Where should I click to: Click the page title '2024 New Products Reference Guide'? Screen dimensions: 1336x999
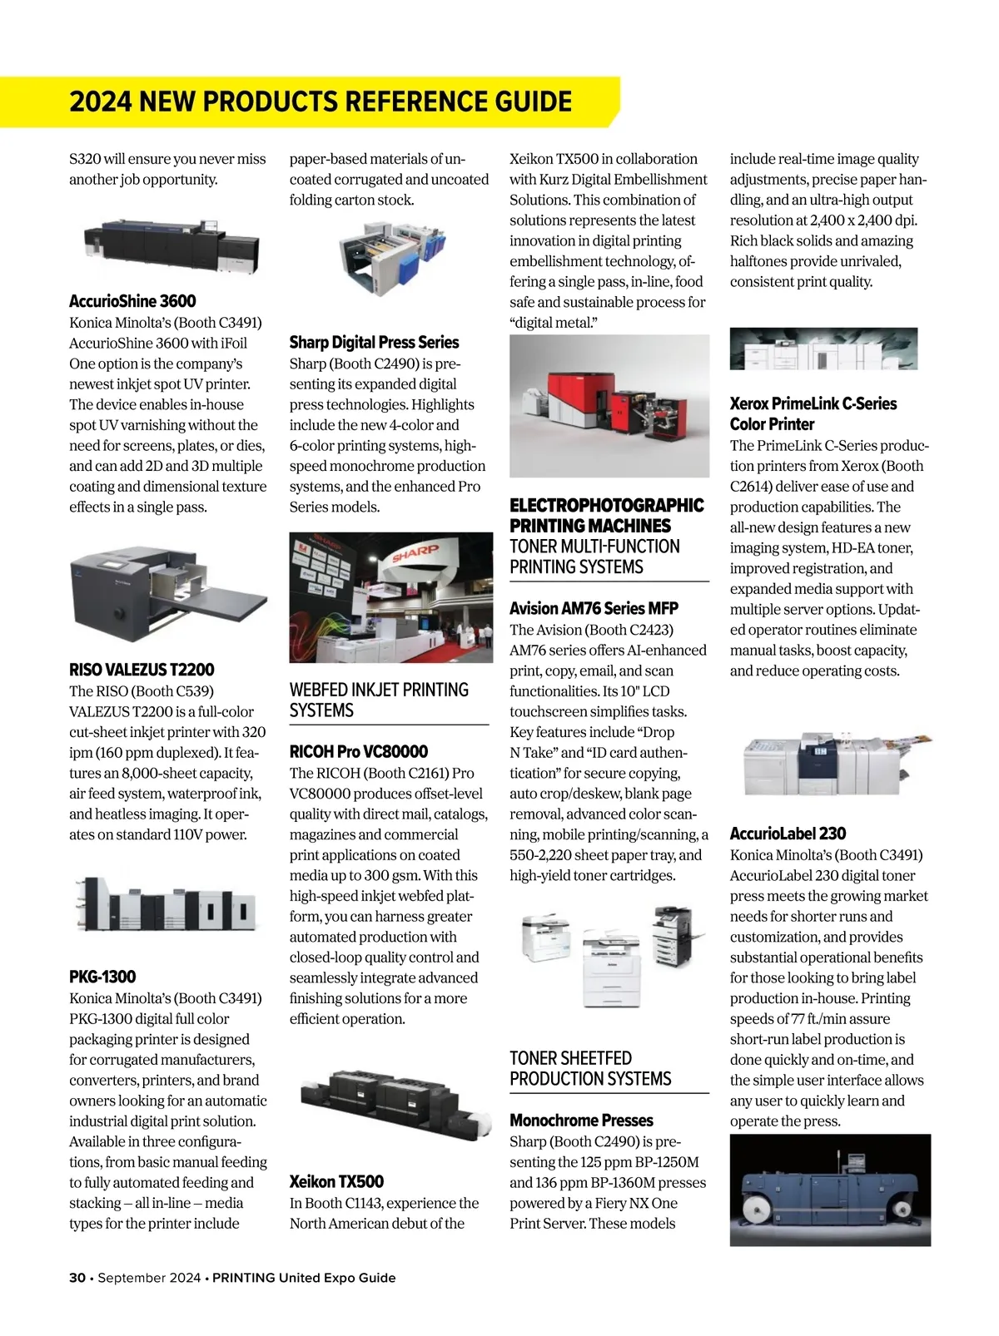[x=321, y=101]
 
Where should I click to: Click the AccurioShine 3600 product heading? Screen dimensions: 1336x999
[x=132, y=301]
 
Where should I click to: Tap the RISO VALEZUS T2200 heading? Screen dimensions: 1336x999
[x=142, y=670]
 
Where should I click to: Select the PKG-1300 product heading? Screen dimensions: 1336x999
[x=102, y=977]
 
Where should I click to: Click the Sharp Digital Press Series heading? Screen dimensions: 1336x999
[x=374, y=342]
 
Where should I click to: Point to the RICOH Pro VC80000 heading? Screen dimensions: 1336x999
[x=359, y=751]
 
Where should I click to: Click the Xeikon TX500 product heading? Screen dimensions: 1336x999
[x=336, y=1181]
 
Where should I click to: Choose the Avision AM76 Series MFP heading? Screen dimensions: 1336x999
[x=594, y=608]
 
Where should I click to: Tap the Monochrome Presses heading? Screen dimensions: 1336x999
[x=581, y=1121]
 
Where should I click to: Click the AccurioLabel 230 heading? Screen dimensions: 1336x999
[x=788, y=834]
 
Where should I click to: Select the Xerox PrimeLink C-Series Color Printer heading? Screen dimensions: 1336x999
[x=813, y=413]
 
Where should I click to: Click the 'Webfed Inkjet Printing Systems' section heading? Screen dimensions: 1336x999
[x=379, y=700]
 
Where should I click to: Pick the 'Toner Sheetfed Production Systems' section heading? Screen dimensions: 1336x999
[x=590, y=1068]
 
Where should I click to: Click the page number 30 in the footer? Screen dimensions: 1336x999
[x=77, y=1278]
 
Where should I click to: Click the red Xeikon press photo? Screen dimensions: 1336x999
[x=609, y=406]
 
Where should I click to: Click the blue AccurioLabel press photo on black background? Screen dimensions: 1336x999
[x=830, y=1190]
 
